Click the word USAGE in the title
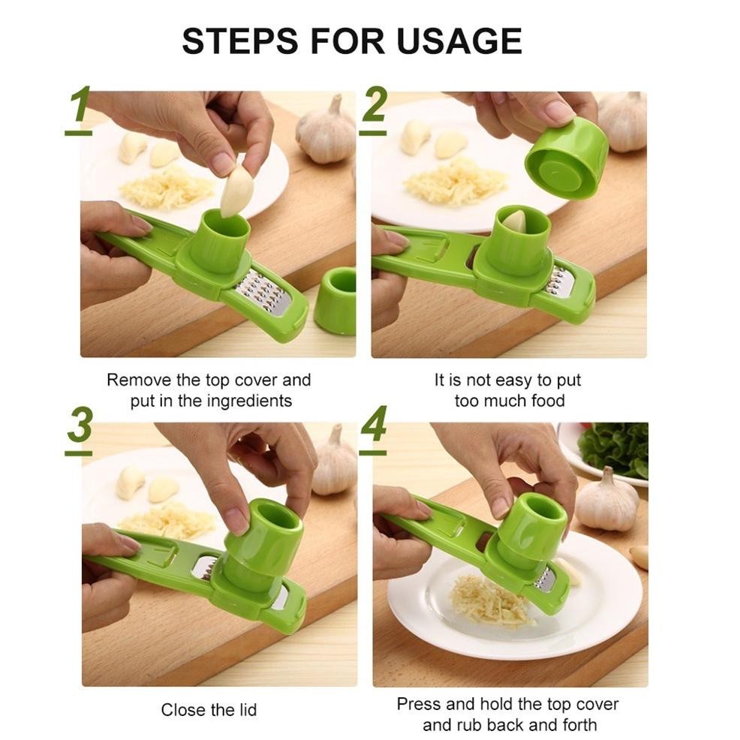(x=459, y=41)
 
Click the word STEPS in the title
(x=240, y=41)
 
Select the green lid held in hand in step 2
(x=567, y=158)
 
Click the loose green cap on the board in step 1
(x=335, y=300)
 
